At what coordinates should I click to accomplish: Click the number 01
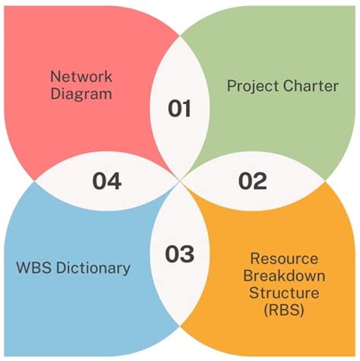(179, 108)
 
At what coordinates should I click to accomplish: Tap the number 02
(252, 181)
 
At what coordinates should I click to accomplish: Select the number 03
(179, 254)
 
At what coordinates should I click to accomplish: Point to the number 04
(106, 181)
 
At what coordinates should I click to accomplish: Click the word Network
(81, 77)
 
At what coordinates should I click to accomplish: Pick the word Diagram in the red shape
(81, 94)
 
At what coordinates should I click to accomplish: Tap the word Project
(253, 87)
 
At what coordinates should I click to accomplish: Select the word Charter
(311, 86)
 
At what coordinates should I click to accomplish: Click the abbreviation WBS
(34, 268)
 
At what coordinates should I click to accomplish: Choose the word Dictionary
(93, 268)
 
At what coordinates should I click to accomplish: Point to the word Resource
(284, 258)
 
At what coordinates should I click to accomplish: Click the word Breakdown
(284, 276)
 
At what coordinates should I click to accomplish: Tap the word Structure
(284, 293)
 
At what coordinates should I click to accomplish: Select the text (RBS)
(284, 310)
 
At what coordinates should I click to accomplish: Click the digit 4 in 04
(115, 181)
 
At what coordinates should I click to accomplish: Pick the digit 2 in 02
(261, 181)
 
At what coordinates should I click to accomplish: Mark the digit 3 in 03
(188, 254)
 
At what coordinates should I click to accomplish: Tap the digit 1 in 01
(187, 108)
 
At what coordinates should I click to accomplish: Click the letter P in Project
(232, 86)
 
